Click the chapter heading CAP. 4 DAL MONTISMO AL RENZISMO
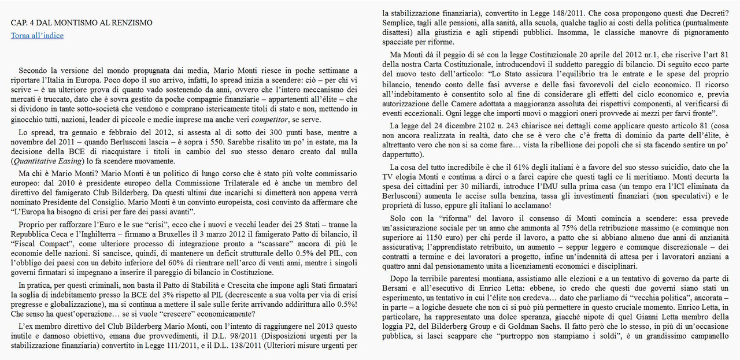(x=82, y=23)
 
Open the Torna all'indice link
(x=37, y=35)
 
